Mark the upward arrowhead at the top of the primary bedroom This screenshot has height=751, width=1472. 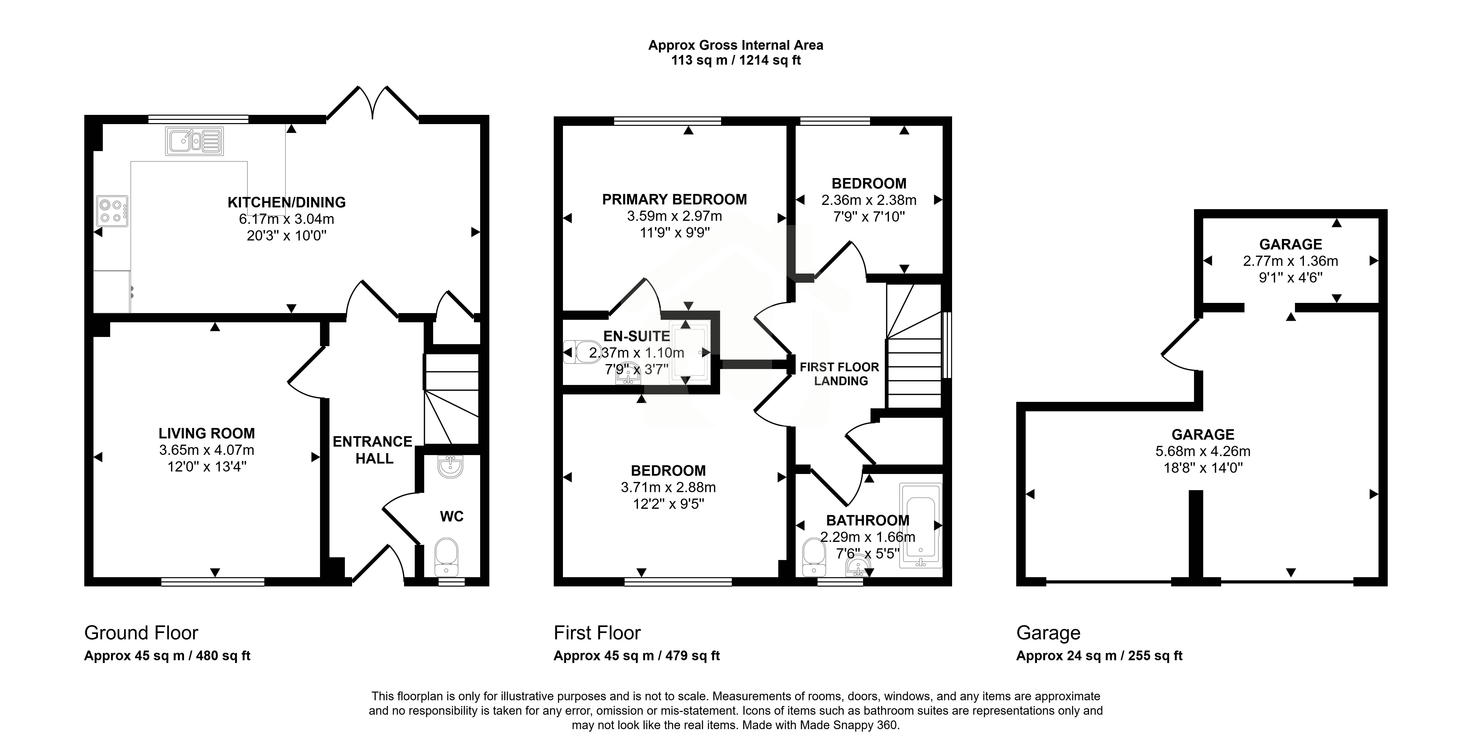tap(689, 130)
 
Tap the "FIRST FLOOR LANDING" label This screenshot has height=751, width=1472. tap(839, 374)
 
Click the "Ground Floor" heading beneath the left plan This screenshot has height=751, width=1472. tap(141, 633)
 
